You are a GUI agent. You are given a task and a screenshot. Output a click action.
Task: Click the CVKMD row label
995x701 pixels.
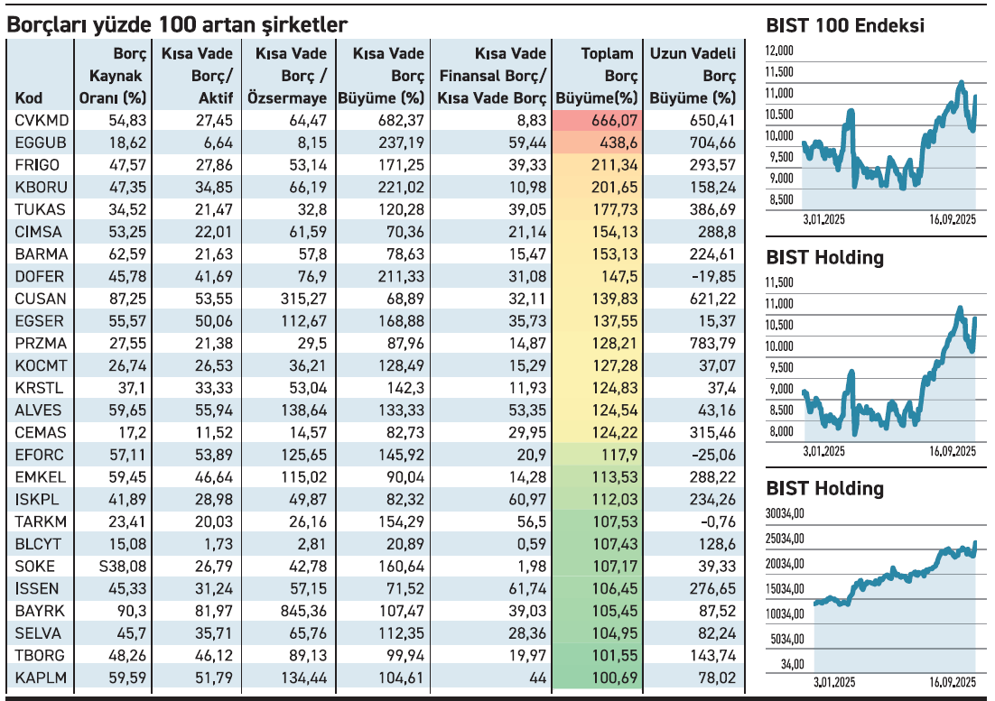42,120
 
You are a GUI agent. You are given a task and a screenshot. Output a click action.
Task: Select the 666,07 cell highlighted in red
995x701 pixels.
614,120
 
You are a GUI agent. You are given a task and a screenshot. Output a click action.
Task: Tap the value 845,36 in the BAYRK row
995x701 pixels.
303,611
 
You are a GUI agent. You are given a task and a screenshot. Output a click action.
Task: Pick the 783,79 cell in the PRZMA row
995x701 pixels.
712,344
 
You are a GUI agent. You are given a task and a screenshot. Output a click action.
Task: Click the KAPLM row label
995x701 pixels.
41,678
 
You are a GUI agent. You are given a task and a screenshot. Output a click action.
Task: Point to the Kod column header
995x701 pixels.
29,98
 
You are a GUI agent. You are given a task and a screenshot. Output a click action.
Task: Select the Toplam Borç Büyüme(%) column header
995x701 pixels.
597,76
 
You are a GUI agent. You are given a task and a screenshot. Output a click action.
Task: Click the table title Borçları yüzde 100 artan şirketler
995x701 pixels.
177,24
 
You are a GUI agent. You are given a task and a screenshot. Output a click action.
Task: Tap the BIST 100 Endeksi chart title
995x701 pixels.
845,25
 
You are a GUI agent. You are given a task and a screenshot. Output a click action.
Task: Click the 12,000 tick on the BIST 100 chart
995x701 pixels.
779,51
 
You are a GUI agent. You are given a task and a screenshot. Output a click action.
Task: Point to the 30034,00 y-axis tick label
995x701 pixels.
785,513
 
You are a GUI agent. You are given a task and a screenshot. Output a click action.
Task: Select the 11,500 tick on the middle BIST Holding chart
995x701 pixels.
779,282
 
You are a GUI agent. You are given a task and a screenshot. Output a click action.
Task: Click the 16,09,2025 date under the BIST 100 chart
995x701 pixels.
953,220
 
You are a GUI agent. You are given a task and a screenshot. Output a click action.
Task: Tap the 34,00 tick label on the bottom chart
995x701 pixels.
792,664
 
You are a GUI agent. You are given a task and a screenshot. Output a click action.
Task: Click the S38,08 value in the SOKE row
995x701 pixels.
123,567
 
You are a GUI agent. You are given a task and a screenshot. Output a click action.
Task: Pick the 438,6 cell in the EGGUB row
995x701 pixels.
618,143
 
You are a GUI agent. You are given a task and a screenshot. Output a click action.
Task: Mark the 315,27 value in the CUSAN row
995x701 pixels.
303,300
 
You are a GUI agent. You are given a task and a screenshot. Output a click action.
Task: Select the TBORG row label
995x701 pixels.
40,656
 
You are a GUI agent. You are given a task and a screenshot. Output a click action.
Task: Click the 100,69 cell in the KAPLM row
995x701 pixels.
614,678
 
